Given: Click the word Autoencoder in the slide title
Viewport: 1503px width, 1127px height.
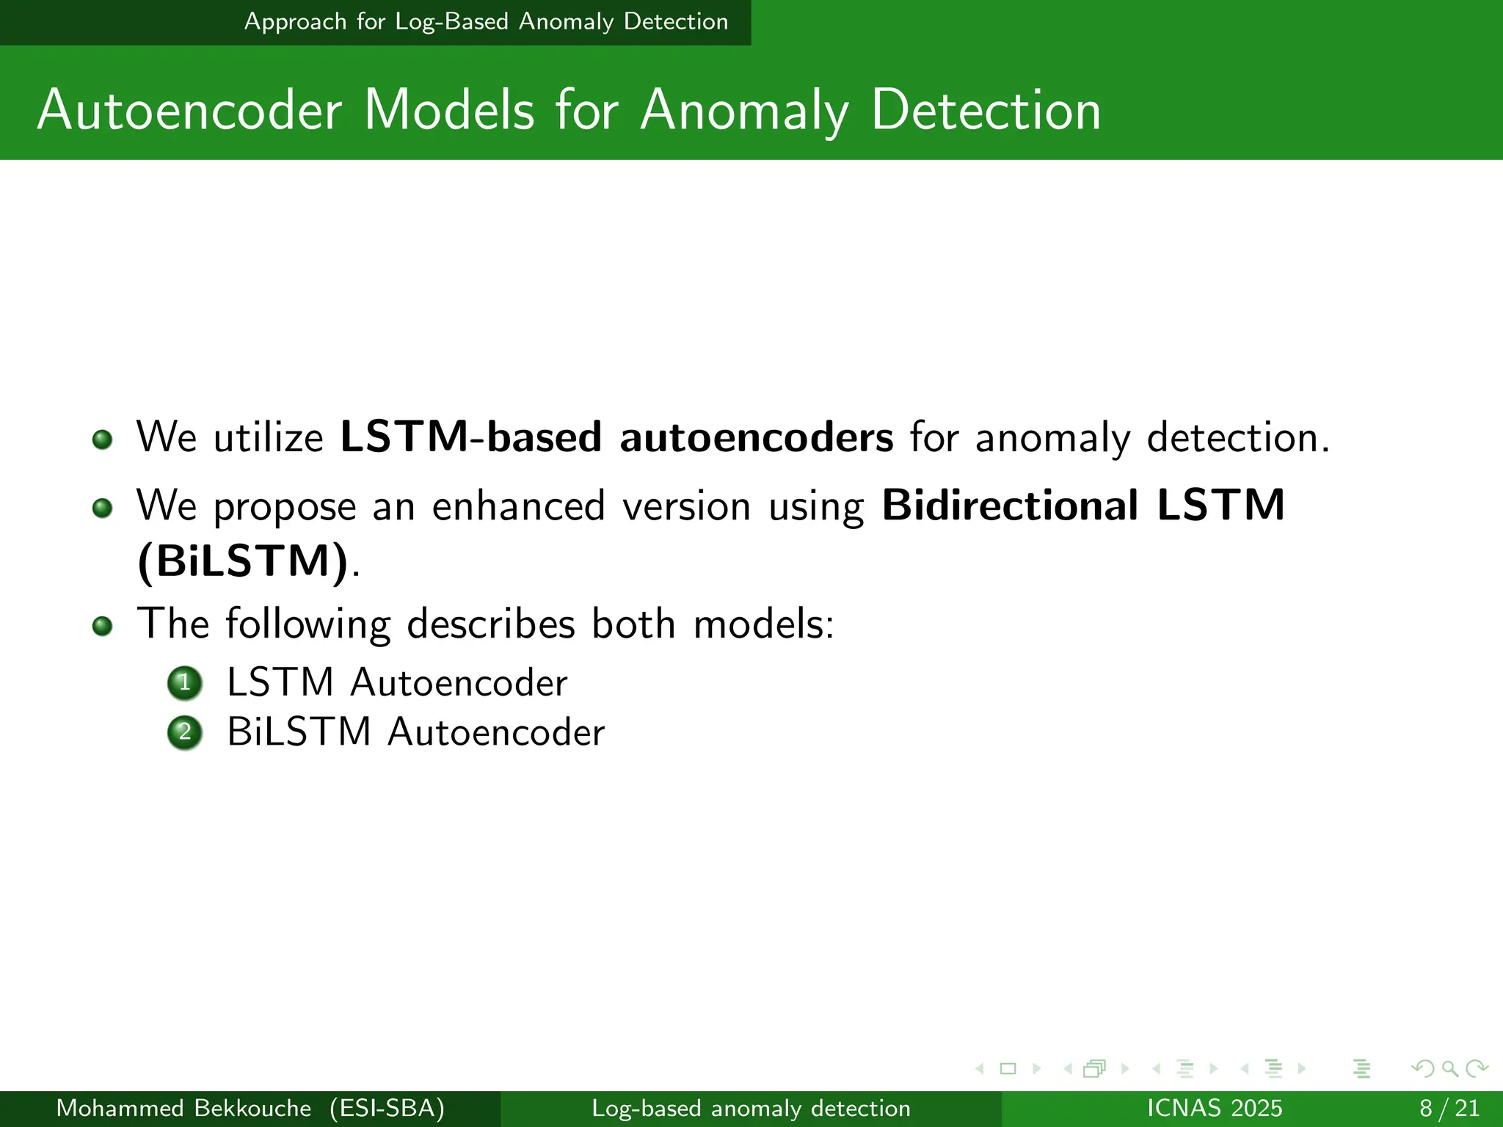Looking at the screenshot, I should (x=189, y=110).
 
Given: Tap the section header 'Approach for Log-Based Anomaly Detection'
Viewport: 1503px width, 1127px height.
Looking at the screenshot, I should (x=486, y=22).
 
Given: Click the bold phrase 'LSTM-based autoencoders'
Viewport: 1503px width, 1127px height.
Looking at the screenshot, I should (x=616, y=437).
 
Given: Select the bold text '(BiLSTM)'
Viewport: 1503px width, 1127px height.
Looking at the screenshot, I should (x=243, y=561).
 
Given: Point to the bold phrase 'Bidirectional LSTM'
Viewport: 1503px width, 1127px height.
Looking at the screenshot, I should (x=1083, y=506).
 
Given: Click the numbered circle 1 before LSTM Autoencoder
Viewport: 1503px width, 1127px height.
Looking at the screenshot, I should (x=185, y=683).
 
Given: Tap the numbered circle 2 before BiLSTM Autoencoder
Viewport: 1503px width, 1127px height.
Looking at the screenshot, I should (x=185, y=732).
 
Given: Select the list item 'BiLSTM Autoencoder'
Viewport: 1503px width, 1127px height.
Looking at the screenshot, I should (x=415, y=732).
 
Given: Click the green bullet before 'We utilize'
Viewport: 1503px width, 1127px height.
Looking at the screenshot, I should (x=103, y=440).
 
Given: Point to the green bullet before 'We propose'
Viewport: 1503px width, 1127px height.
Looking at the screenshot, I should (x=103, y=508).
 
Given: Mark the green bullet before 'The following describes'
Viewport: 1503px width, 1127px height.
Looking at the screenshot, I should (x=103, y=626).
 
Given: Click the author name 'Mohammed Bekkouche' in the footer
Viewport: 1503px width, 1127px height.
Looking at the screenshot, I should (x=183, y=1108).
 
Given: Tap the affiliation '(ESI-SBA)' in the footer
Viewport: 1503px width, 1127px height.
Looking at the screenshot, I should (x=387, y=1108).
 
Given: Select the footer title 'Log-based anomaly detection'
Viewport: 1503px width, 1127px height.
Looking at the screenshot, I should (x=751, y=1108).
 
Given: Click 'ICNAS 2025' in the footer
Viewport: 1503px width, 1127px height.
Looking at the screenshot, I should (x=1214, y=1108).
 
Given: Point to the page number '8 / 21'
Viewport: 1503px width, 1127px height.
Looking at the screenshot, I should (x=1449, y=1108).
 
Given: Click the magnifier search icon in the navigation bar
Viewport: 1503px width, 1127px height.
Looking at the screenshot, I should (x=1449, y=1069).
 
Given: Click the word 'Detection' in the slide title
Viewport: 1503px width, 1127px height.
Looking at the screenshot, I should (x=986, y=110).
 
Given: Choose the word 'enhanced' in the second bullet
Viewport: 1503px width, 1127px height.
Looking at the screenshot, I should (x=518, y=506).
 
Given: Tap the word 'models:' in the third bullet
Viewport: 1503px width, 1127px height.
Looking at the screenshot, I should (x=763, y=624).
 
